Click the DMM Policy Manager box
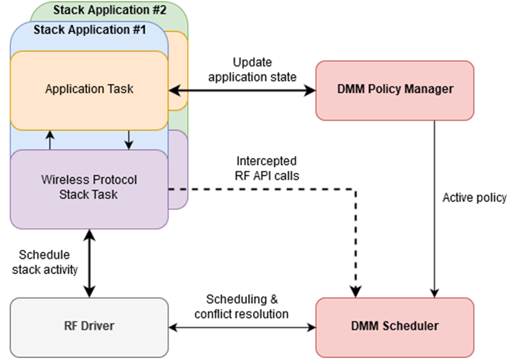pyautogui.click(x=394, y=90)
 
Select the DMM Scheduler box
pyautogui.click(x=394, y=327)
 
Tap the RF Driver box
pyautogui.click(x=89, y=327)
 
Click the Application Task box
pyautogui.click(x=89, y=89)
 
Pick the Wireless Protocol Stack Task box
pyautogui.click(x=89, y=188)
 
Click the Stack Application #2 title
pyautogui.click(x=109, y=10)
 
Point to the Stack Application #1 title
pyautogui.click(x=89, y=30)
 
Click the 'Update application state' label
pyautogui.click(x=252, y=70)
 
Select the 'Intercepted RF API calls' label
pyautogui.click(x=266, y=169)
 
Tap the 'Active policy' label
pyautogui.click(x=474, y=198)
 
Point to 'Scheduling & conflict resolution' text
pyautogui.click(x=241, y=306)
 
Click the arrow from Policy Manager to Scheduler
pyautogui.click(x=434, y=208)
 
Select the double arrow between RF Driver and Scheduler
pyautogui.click(x=242, y=327)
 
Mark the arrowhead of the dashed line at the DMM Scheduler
pyautogui.click(x=355, y=291)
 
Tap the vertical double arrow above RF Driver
pyautogui.click(x=89, y=263)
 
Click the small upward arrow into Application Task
pyautogui.click(x=50, y=139)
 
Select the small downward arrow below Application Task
pyautogui.click(x=129, y=139)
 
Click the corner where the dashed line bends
pyautogui.click(x=355, y=188)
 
